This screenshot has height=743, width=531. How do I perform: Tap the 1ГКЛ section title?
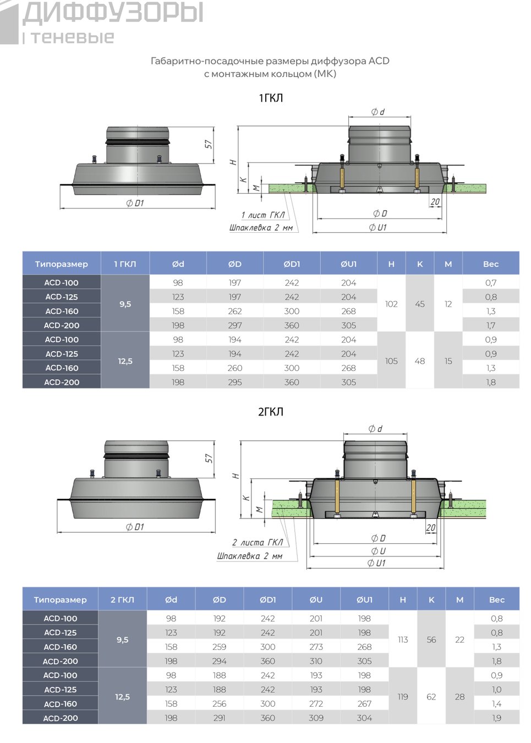271,98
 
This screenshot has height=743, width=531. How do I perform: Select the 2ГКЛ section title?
271,412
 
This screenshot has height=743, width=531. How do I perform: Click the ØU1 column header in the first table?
348,264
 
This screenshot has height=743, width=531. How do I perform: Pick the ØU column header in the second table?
316,600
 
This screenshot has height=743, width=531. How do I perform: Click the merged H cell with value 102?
391,304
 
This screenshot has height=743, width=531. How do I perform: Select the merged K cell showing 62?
431,697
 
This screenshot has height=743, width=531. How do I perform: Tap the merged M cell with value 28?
459,697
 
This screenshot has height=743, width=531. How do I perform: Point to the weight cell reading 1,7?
490,325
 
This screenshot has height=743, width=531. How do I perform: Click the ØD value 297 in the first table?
234,325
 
